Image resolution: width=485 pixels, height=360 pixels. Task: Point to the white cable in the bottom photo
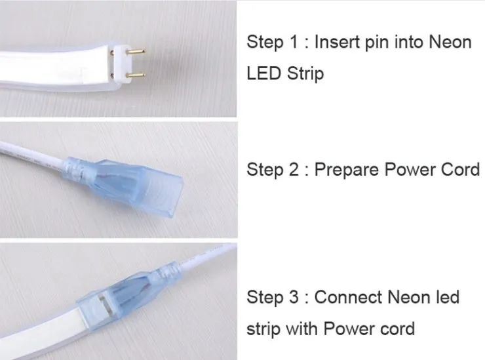point(203,263)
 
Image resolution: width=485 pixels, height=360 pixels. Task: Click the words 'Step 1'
point(275,43)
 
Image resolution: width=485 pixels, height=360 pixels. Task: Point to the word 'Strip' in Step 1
point(305,73)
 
